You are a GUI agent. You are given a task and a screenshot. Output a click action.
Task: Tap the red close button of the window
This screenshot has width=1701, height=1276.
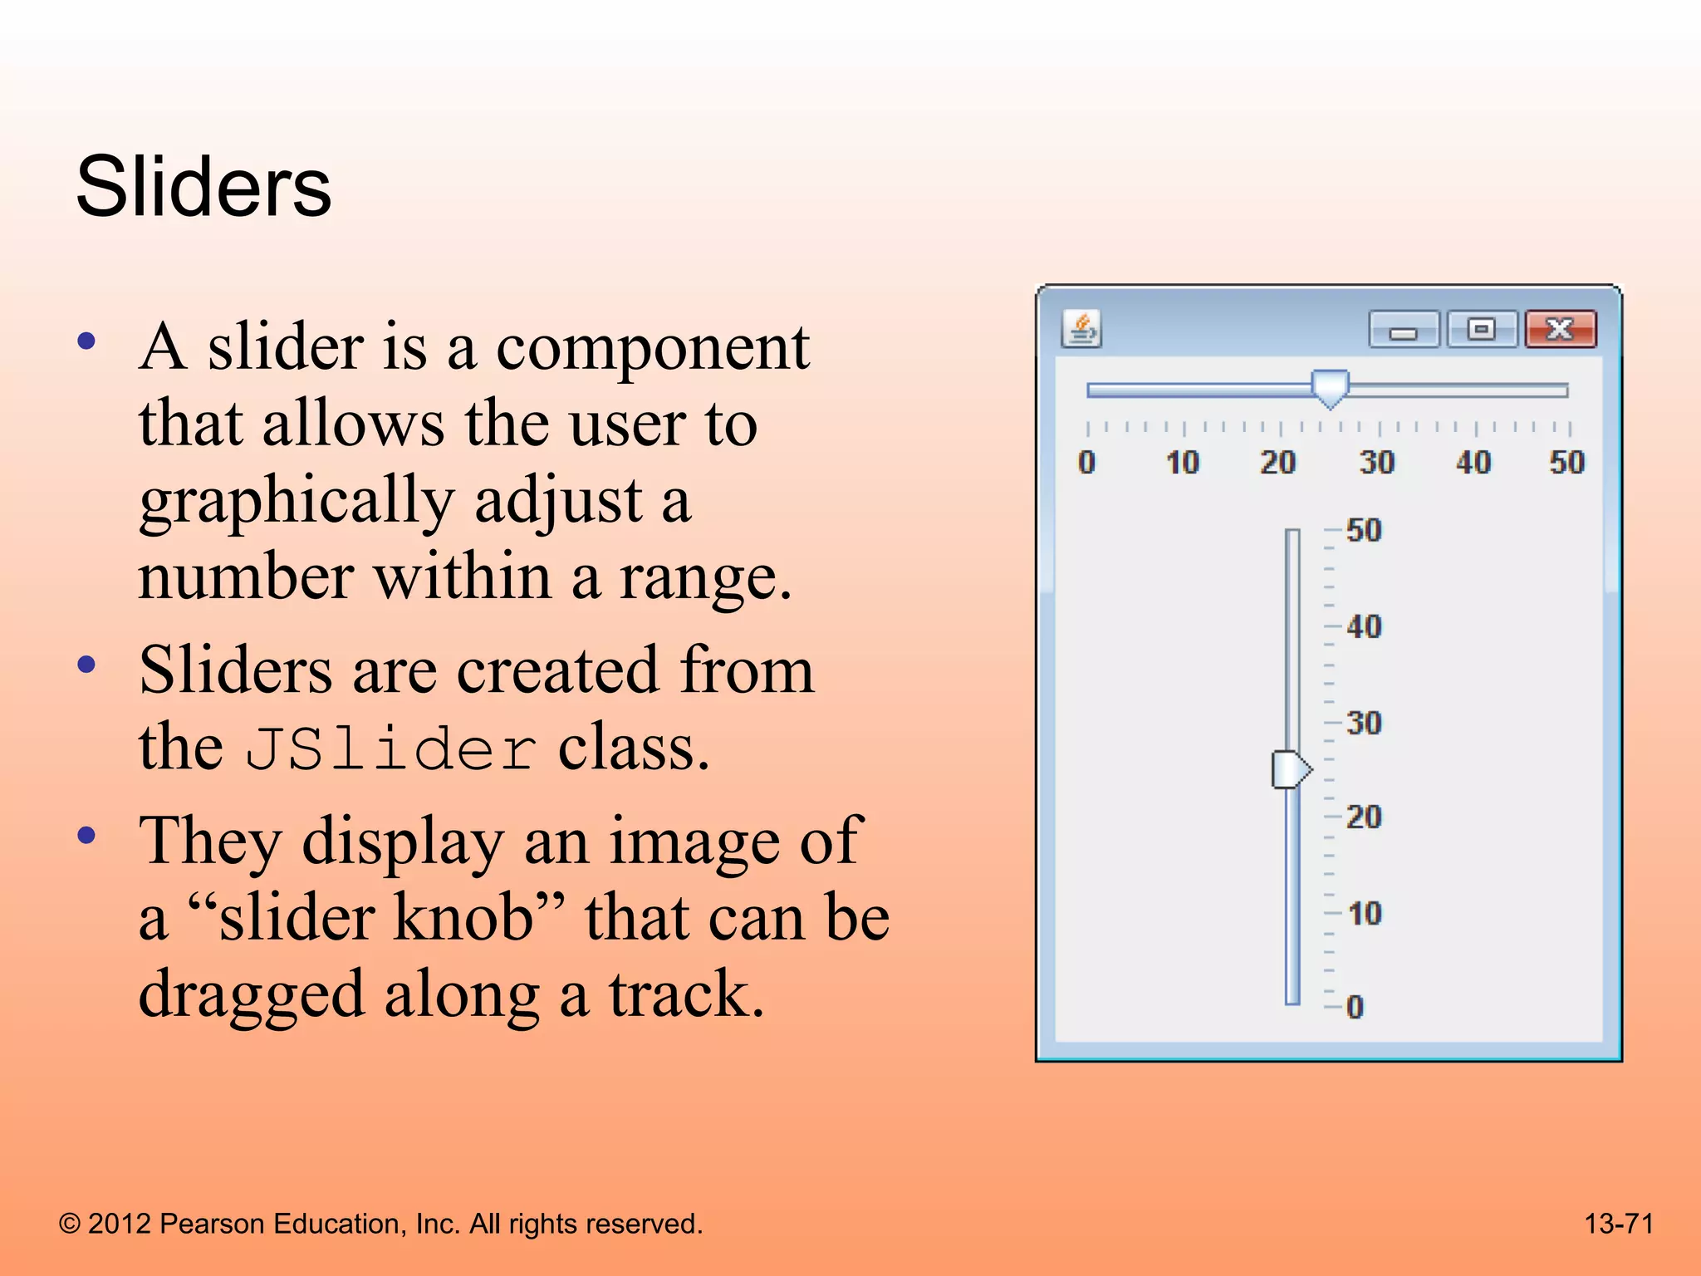coord(1560,330)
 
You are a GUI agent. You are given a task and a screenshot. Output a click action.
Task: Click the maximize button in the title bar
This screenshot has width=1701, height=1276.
coord(1482,330)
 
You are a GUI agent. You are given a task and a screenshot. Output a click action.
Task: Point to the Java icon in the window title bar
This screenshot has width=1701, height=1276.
coord(1081,329)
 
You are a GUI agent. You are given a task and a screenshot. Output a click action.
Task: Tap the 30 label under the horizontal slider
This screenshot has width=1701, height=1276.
coord(1376,462)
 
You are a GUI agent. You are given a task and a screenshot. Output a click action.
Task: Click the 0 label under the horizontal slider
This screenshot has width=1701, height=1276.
coord(1086,462)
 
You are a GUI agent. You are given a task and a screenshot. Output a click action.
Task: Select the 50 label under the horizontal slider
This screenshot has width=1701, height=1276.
coord(1566,462)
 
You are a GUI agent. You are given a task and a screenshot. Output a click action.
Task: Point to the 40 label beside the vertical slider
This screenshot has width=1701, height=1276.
coord(1364,626)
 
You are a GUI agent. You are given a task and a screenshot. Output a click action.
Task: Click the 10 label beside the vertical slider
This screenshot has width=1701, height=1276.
coord(1364,914)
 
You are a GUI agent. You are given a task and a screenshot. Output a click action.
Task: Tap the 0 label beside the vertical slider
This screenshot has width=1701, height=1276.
coord(1355,1007)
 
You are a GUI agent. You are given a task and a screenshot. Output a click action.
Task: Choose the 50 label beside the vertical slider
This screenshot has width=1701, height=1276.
coord(1364,530)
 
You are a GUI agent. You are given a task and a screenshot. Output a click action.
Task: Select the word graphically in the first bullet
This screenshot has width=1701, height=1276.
coord(297,502)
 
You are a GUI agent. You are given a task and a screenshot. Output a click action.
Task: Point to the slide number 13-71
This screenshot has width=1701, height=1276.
coord(1619,1224)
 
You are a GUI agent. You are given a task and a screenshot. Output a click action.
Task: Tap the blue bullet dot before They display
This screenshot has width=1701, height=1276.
coord(86,835)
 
